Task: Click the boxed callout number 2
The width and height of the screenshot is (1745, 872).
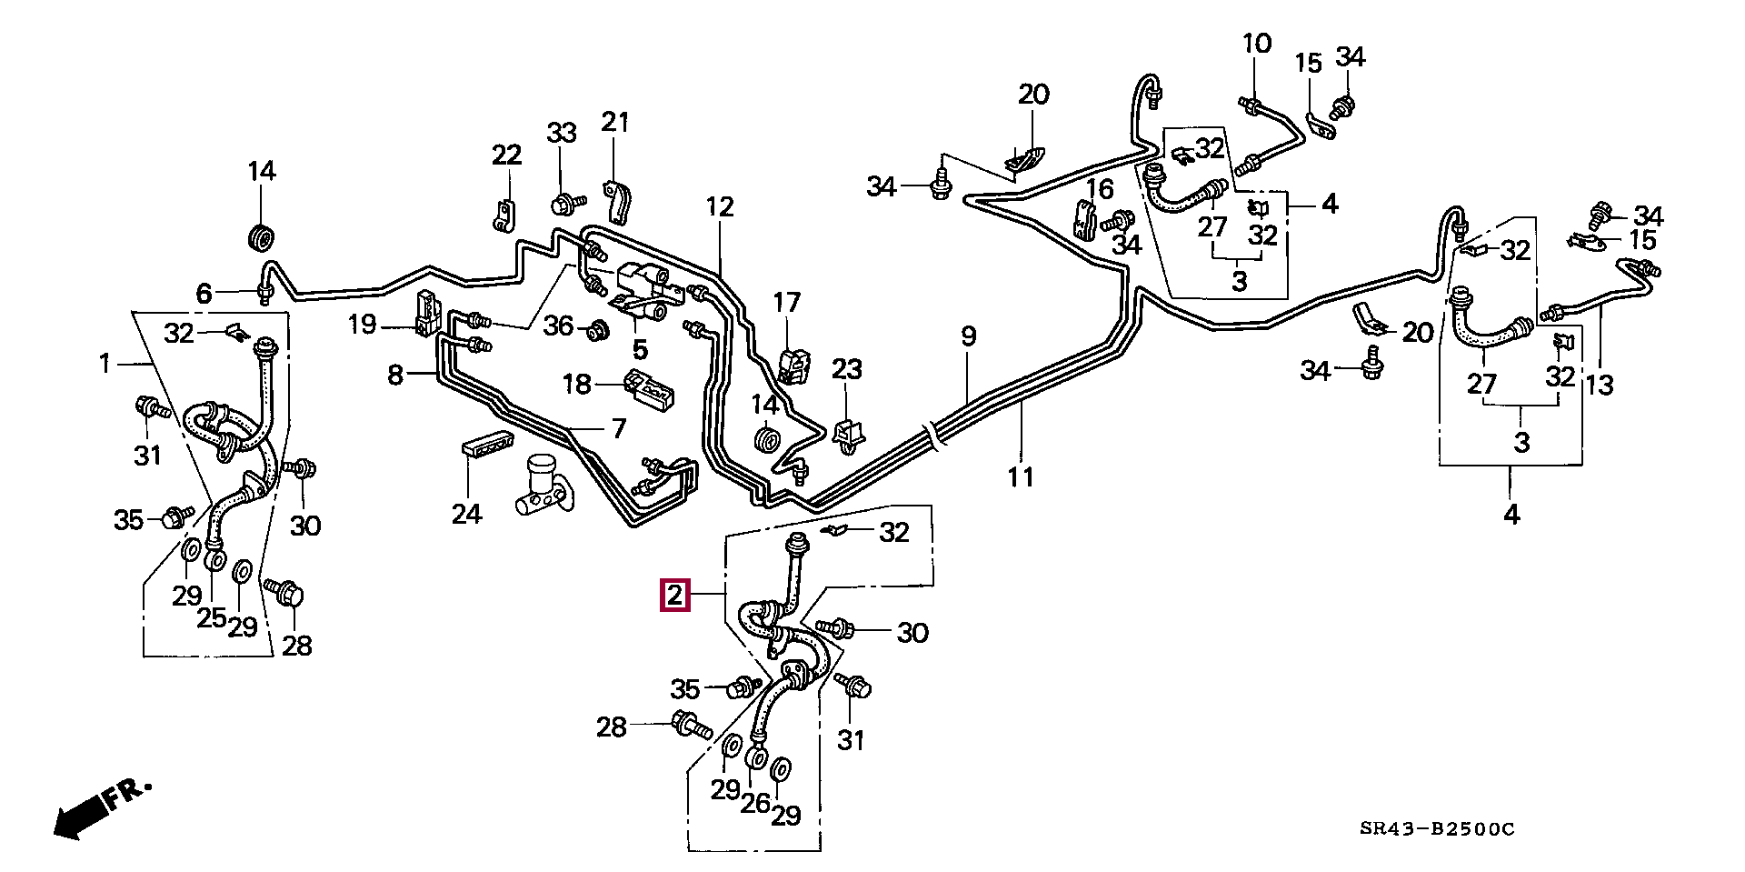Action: click(x=675, y=596)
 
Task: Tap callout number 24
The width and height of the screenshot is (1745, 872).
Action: click(x=466, y=515)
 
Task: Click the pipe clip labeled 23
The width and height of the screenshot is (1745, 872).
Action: click(x=848, y=435)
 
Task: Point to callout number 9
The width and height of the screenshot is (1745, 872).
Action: click(x=969, y=337)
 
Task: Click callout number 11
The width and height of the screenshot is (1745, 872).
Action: click(x=1021, y=476)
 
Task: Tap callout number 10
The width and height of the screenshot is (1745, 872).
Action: click(x=1257, y=43)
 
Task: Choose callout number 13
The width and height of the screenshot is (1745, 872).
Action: click(x=1600, y=385)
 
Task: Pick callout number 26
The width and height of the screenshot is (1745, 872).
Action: click(x=755, y=803)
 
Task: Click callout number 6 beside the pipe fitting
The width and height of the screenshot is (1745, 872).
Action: click(x=204, y=293)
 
